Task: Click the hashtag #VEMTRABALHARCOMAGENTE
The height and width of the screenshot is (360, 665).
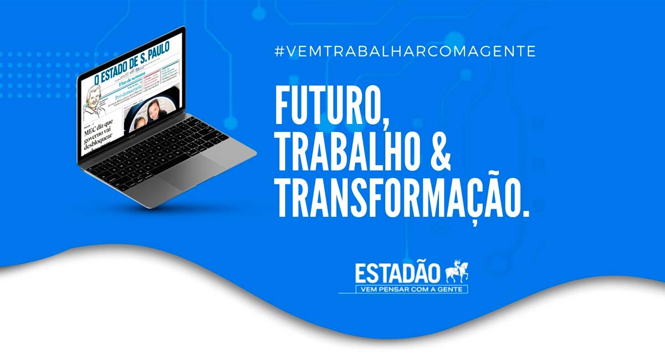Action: pos(405,52)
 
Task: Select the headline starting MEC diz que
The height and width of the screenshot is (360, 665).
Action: pos(98,136)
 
